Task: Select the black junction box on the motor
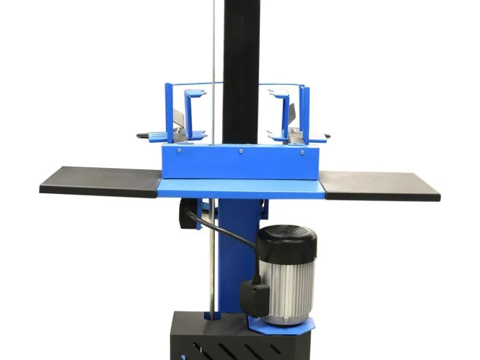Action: [256, 297]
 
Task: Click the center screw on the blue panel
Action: [240, 151]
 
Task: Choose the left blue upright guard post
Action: [169, 111]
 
